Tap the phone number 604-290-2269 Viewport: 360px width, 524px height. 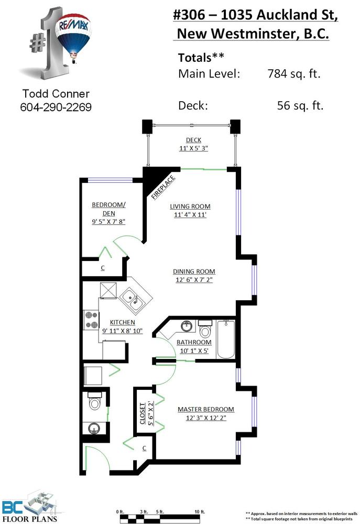56,107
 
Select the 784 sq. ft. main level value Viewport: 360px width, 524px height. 294,73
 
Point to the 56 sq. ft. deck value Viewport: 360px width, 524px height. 300,106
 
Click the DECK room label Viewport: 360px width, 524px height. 193,140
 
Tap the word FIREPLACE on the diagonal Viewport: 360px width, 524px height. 163,187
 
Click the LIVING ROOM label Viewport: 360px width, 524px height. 190,206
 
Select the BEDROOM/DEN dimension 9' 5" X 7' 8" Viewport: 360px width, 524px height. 108,221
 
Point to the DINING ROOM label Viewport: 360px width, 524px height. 194,271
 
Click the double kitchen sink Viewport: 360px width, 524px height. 134,298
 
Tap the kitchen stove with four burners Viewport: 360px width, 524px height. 91,320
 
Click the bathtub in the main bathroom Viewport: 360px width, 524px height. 226,339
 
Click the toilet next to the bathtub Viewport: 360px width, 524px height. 205,329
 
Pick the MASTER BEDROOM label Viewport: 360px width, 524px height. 205,409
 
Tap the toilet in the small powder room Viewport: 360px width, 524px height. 94,401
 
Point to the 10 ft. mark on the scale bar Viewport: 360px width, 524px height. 200,511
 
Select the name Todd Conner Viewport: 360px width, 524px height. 56,94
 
